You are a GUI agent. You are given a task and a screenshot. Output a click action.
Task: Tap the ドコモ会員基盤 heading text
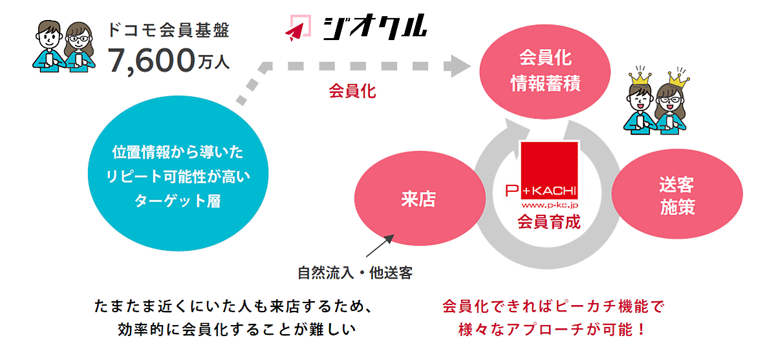pyautogui.click(x=169, y=29)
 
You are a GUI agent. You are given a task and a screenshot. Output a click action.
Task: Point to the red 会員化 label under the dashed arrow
pyautogui.click(x=352, y=90)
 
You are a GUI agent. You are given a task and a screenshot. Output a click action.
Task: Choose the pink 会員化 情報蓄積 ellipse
pyautogui.click(x=545, y=70)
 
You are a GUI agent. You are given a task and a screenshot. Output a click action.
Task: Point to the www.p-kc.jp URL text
pyautogui.click(x=548, y=204)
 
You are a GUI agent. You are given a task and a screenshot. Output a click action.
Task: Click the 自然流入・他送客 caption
pyautogui.click(x=355, y=273)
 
